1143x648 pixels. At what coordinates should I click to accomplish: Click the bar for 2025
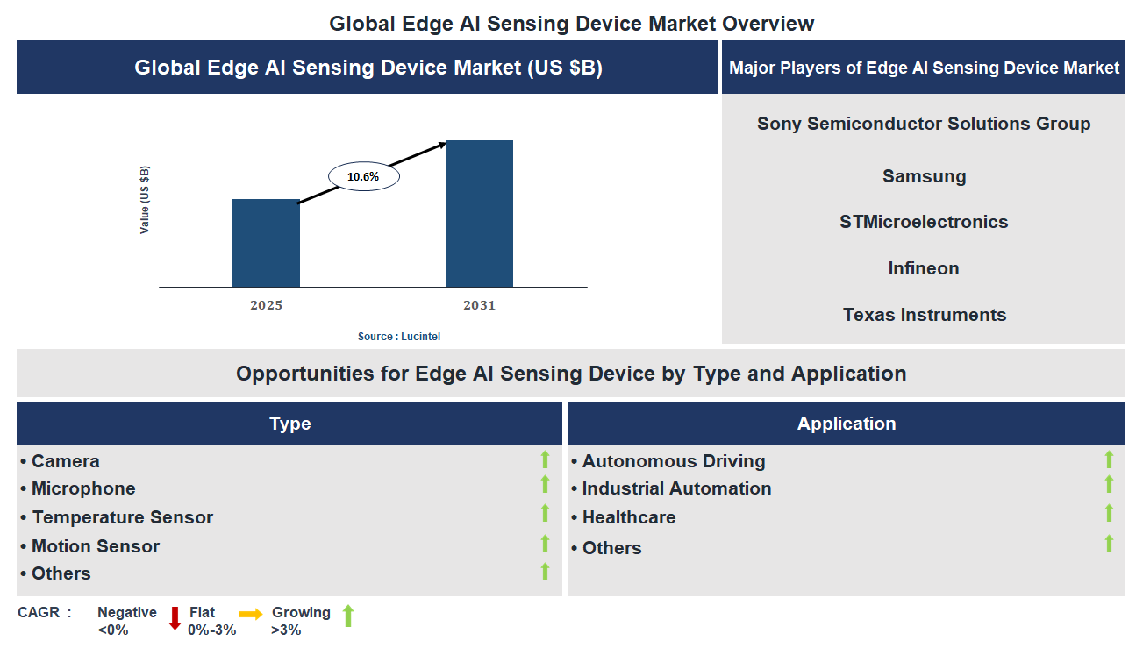266,243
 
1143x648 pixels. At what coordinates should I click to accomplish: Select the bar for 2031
480,213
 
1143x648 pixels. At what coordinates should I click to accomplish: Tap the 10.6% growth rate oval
363,176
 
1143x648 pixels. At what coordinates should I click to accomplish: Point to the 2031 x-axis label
479,305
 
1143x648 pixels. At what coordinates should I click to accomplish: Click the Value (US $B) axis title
145,199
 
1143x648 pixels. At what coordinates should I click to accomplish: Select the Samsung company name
924,176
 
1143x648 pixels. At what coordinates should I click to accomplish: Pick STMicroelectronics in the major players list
924,222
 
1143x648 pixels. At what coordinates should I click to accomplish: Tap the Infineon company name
924,268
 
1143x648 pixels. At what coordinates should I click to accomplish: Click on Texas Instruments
924,315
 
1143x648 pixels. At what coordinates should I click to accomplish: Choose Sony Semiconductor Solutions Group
924,124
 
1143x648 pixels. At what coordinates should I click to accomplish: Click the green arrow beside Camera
545,459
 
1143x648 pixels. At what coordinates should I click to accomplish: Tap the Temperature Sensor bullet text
122,517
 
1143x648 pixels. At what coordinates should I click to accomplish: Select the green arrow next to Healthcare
1109,513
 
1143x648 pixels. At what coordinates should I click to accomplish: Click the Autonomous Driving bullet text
673,461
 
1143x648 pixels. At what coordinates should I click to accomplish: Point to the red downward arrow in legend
175,618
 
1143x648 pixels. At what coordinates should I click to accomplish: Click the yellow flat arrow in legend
251,615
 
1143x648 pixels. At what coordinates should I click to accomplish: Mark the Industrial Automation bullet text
676,488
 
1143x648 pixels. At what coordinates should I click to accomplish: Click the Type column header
289,424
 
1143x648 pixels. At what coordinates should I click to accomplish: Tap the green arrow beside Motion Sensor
545,544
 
